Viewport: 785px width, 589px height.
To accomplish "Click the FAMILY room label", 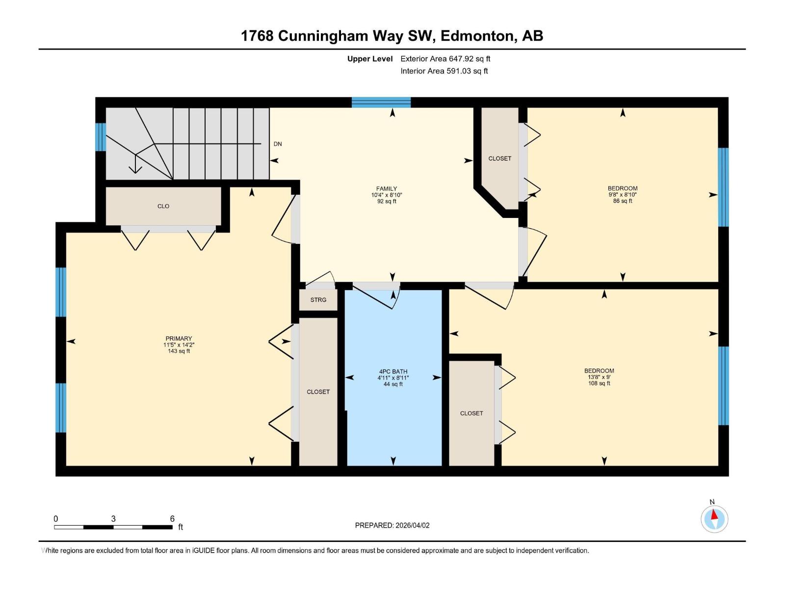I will pyautogui.click(x=386, y=188).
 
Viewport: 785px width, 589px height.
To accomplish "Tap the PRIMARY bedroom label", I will pyautogui.click(x=179, y=338).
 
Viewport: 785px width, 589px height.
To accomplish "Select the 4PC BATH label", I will pyautogui.click(x=393, y=372).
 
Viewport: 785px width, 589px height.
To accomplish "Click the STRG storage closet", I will pyautogui.click(x=318, y=300).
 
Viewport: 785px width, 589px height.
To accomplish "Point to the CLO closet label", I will pyautogui.click(x=163, y=206).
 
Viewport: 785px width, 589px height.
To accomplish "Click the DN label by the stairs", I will pyautogui.click(x=278, y=144).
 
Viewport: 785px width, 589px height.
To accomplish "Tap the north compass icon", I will pyautogui.click(x=714, y=518).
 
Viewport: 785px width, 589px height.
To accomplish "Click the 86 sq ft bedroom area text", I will pyautogui.click(x=622, y=201).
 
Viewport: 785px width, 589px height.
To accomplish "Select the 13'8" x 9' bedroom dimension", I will pyautogui.click(x=599, y=377).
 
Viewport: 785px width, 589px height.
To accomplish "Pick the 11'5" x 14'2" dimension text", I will pyautogui.click(x=179, y=345).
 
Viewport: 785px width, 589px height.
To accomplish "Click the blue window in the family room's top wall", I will pyautogui.click(x=381, y=102).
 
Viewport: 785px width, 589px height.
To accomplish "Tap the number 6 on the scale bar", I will pyautogui.click(x=172, y=518).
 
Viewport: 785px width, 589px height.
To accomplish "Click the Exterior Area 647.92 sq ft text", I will pyautogui.click(x=445, y=59).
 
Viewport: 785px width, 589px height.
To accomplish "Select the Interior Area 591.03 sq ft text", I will pyautogui.click(x=444, y=71).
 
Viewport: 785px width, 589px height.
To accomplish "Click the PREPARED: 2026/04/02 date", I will pyautogui.click(x=392, y=525).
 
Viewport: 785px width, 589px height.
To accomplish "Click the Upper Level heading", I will pyautogui.click(x=370, y=59).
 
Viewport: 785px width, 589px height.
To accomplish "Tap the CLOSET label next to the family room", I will pyautogui.click(x=499, y=159).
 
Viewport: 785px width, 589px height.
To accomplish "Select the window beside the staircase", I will pyautogui.click(x=100, y=136).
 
